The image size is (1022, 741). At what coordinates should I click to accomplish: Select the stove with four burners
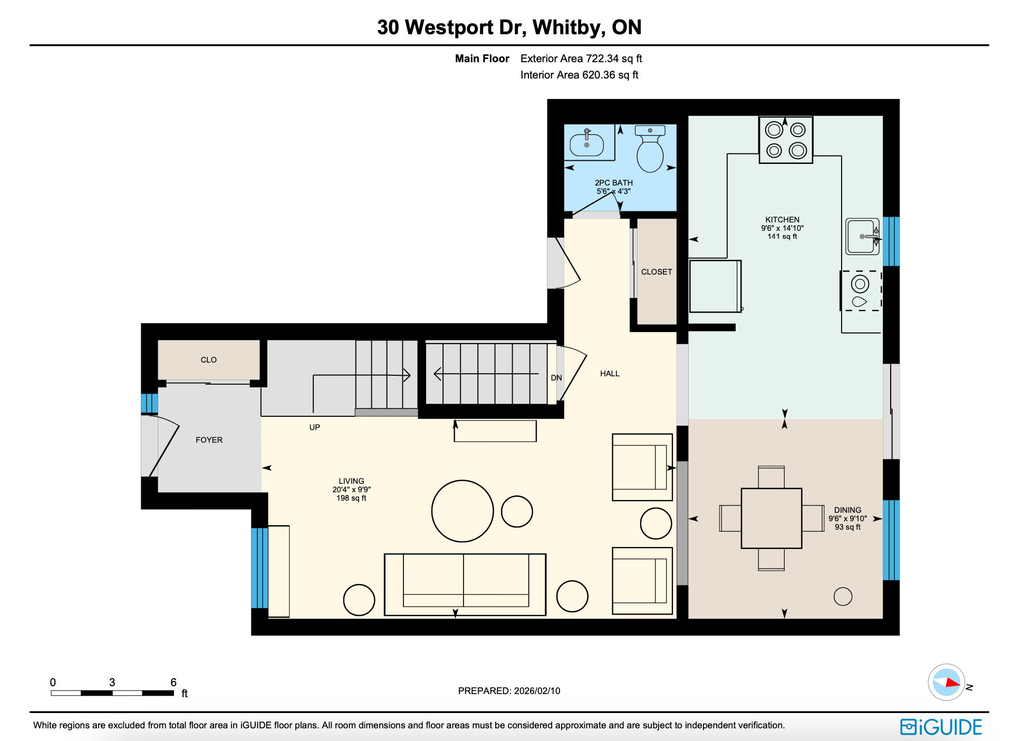(x=785, y=140)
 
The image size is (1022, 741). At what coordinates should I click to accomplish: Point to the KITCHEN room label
(x=782, y=220)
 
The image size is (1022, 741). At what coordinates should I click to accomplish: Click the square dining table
(x=771, y=518)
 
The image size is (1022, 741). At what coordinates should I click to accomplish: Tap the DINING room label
(x=847, y=510)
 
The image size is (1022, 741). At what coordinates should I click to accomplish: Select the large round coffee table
(x=462, y=511)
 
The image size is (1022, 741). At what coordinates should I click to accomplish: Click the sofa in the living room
(x=465, y=584)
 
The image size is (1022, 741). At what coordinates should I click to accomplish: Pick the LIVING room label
(x=351, y=481)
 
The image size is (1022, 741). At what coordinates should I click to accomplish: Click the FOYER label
(x=209, y=440)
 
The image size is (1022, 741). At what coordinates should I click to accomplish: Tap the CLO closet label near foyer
(x=208, y=360)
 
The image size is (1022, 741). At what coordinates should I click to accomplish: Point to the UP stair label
(x=314, y=427)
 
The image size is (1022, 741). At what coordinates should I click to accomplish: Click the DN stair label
(x=556, y=378)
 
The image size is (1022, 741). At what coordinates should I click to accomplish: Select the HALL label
(x=610, y=374)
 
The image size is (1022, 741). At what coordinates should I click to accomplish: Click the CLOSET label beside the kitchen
(x=657, y=272)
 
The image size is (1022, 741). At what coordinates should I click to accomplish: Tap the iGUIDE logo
(x=941, y=727)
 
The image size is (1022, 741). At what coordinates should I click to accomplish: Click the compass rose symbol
(x=946, y=682)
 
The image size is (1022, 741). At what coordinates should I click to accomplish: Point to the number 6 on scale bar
(x=173, y=682)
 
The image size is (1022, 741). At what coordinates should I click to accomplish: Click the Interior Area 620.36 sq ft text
(x=579, y=75)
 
